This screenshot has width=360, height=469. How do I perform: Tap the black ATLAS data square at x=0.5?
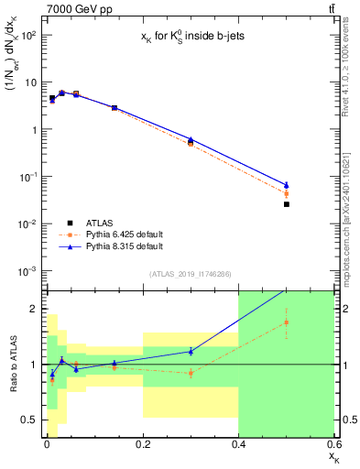[x=287, y=204]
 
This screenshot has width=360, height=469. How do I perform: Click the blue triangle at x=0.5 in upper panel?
[x=287, y=185]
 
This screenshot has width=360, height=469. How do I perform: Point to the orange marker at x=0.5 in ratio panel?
[x=287, y=322]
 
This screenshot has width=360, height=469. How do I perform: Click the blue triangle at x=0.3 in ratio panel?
[x=191, y=351]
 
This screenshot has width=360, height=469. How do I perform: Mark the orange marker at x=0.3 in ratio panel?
[x=191, y=373]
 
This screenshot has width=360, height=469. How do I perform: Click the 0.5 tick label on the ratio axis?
[x=27, y=420]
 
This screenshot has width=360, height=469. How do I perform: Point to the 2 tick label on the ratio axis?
[x=32, y=309]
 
